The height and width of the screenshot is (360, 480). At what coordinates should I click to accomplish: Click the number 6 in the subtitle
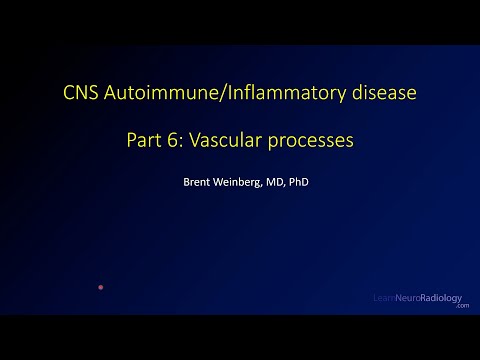coord(177,141)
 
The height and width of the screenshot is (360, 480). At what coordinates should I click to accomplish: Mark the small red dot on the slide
coord(100,287)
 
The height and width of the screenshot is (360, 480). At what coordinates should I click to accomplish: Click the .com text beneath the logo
coord(461,307)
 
